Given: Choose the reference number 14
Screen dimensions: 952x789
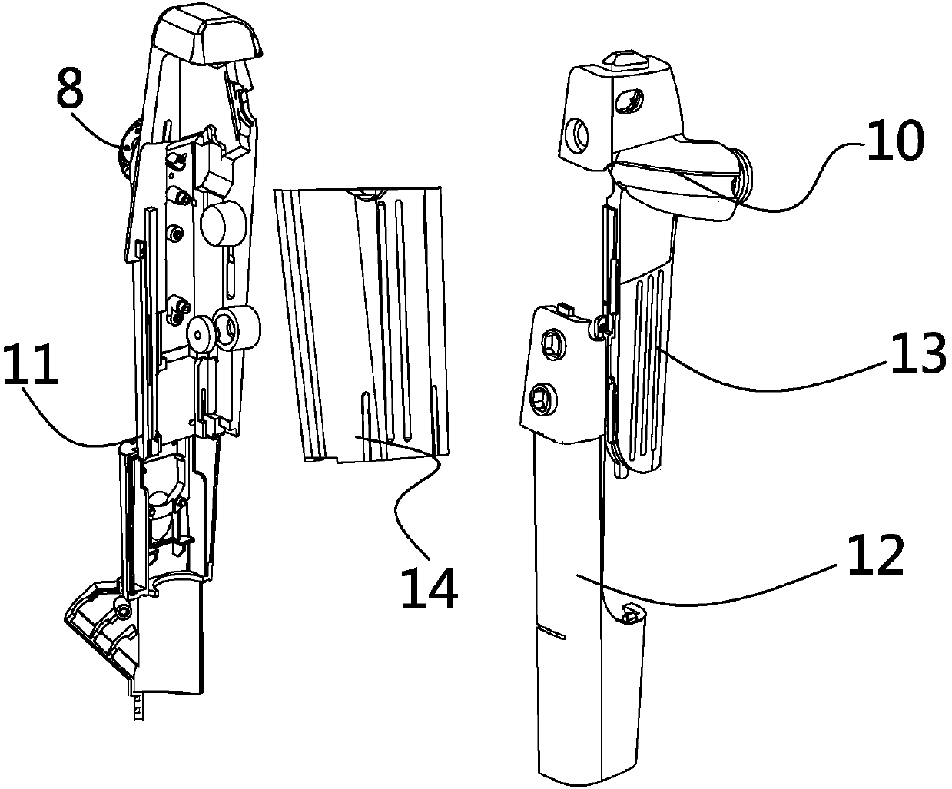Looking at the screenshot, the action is click(x=428, y=591).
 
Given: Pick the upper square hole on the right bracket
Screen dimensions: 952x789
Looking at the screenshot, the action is click(x=553, y=343).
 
